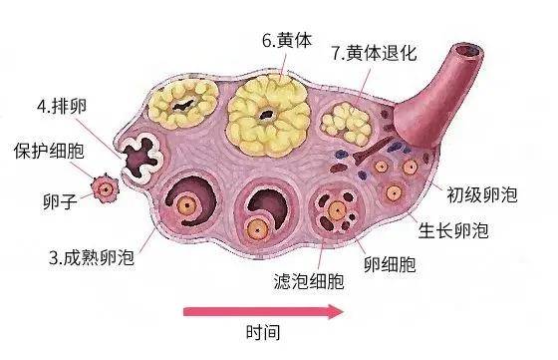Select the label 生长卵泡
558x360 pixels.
coord(453,230)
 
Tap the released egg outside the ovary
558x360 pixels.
coord(102,187)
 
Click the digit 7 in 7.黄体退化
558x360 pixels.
coord(337,51)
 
